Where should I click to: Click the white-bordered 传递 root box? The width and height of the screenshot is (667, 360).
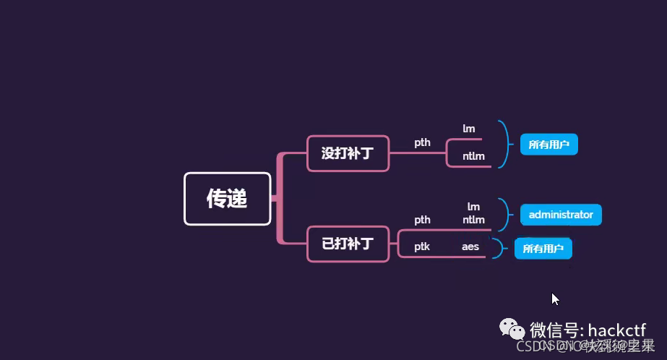(227, 199)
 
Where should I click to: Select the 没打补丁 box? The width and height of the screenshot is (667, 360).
(348, 153)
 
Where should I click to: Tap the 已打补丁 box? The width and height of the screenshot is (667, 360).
(348, 243)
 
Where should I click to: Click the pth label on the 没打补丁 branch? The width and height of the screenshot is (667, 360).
(422, 142)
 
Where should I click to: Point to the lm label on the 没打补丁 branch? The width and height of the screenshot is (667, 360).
(469, 129)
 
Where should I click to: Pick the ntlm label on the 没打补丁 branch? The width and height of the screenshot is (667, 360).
(474, 156)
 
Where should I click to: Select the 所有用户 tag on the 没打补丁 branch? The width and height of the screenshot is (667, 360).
(548, 145)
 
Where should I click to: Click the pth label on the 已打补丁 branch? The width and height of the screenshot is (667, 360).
(422, 220)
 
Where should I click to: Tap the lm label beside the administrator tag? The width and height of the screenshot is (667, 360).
(473, 207)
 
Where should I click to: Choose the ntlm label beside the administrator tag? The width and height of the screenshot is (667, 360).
(473, 220)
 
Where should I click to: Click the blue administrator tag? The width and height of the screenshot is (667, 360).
(561, 215)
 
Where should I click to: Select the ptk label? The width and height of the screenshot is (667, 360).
(422, 247)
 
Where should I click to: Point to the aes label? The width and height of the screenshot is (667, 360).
(470, 247)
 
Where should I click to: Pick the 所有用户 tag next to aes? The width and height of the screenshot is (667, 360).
(543, 249)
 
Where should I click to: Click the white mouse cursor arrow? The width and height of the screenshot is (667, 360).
(555, 299)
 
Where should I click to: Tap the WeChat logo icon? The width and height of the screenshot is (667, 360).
(515, 330)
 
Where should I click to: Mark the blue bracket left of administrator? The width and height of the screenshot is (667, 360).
(505, 213)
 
